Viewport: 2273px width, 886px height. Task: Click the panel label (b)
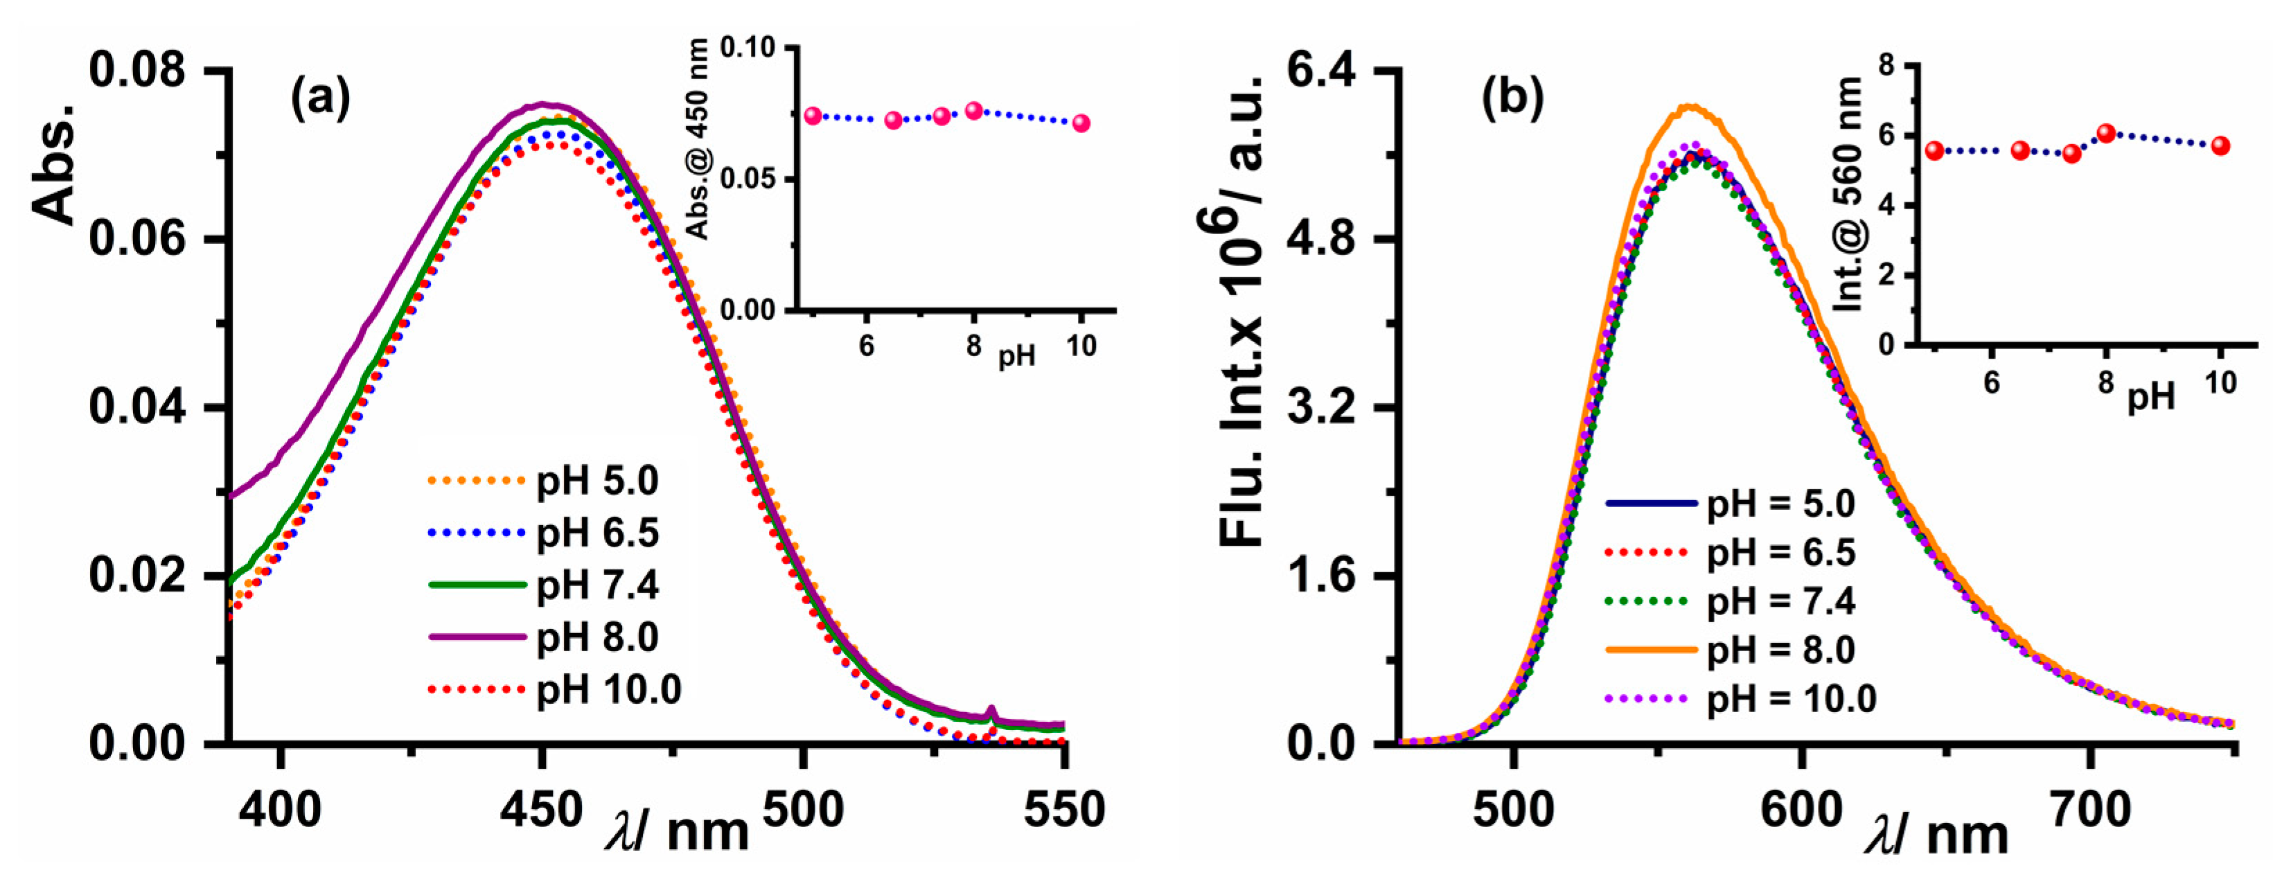[1512, 98]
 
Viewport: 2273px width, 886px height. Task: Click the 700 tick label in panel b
[2089, 809]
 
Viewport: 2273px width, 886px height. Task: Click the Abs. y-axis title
[55, 164]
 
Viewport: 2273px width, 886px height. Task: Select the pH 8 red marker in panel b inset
[2106, 133]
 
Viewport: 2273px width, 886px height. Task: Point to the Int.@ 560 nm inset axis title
[1848, 194]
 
